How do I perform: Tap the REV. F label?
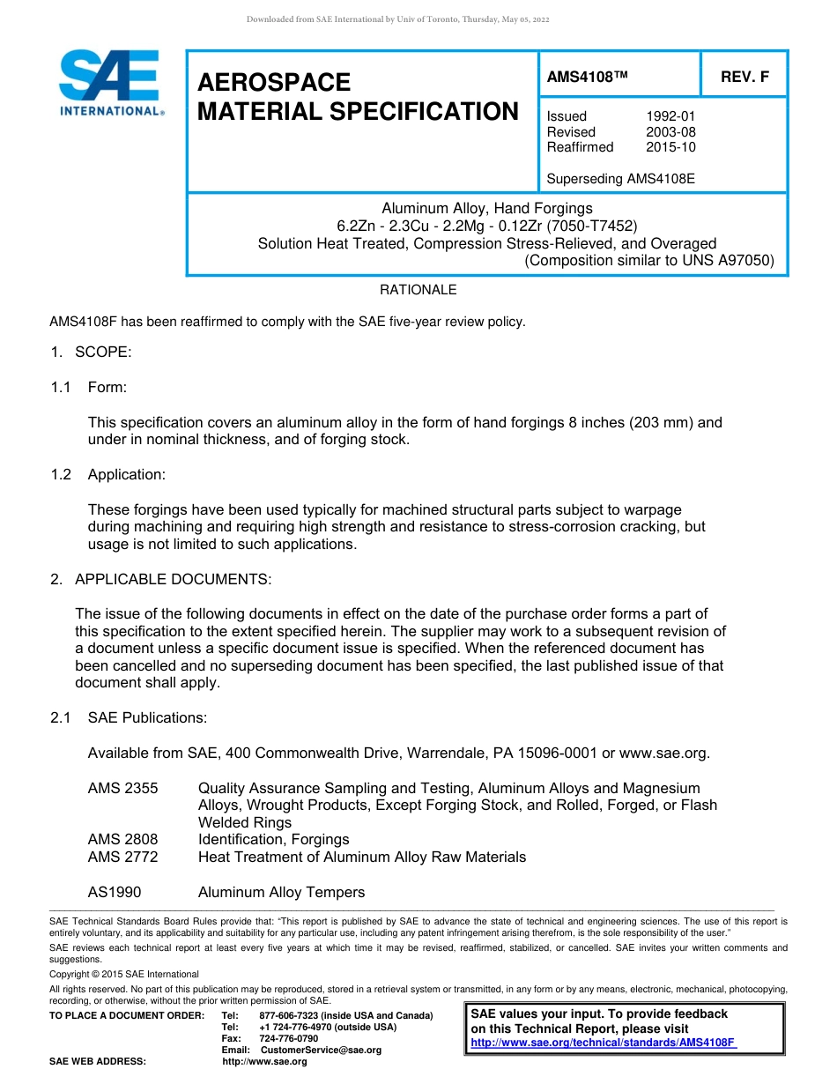744,77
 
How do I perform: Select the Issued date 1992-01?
671,116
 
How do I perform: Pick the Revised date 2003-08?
671,132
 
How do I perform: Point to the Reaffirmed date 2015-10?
671,147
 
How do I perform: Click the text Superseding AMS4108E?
620,179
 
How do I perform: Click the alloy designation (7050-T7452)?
591,226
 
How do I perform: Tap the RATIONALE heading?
418,290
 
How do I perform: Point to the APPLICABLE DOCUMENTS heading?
173,579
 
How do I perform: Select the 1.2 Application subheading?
126,475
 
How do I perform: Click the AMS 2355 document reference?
123,788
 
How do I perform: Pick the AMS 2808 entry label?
123,839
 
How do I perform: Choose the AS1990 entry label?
115,892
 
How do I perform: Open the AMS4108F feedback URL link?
604,1043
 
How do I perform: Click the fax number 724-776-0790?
289,1038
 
